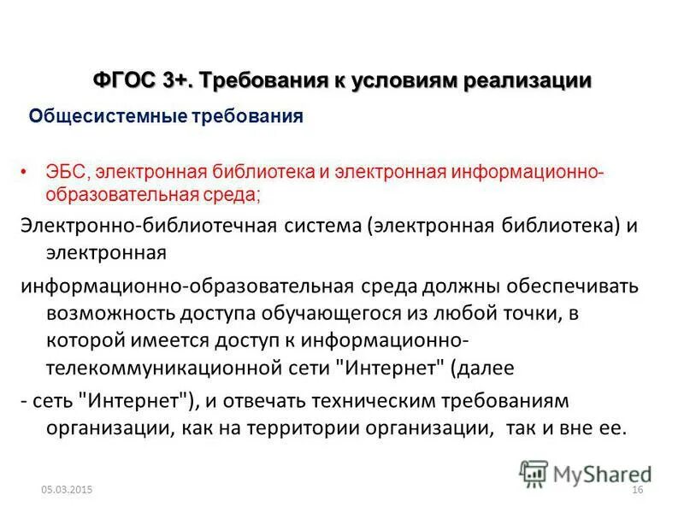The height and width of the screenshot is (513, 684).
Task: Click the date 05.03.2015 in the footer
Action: [66, 489]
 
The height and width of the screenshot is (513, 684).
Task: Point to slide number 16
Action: [636, 489]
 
